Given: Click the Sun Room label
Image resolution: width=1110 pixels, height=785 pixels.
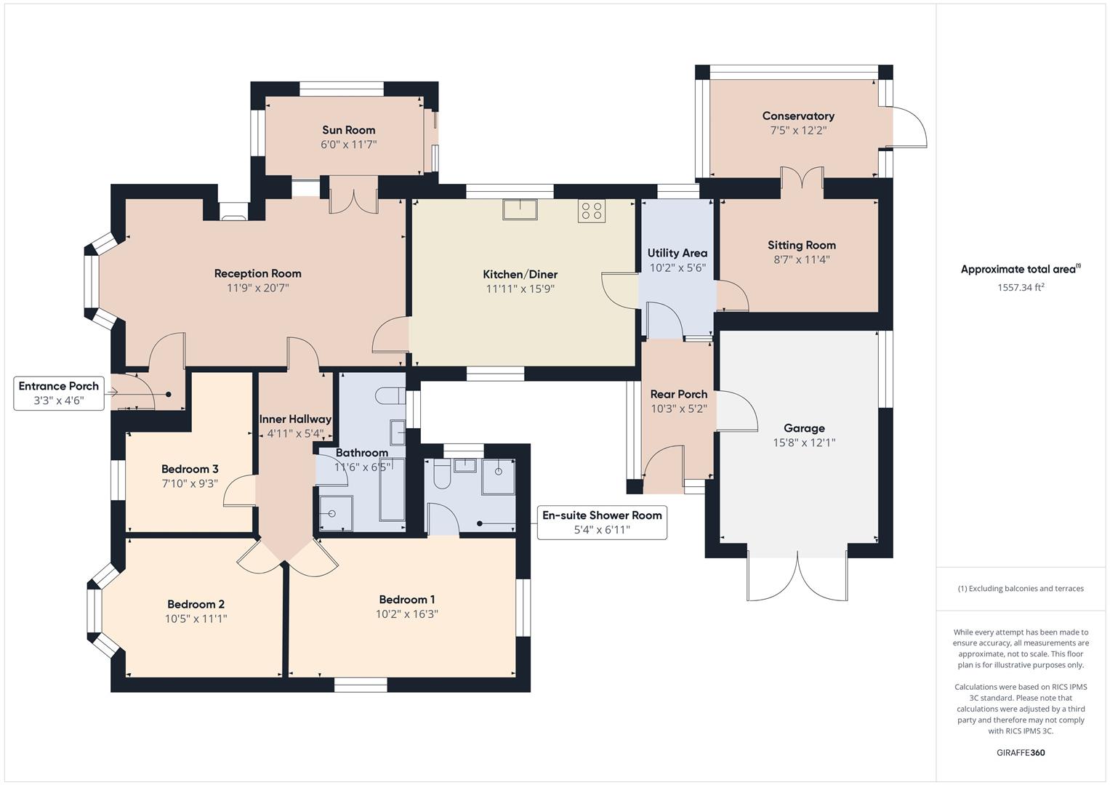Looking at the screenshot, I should point(349,130).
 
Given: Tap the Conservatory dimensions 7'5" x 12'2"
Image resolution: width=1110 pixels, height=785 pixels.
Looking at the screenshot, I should point(798,131).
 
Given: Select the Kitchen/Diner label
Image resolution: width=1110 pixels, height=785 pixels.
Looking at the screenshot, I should point(520,274).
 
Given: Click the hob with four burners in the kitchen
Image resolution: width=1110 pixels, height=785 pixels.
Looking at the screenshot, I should point(592,211).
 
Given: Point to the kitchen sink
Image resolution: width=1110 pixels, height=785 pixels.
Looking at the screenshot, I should point(519,209).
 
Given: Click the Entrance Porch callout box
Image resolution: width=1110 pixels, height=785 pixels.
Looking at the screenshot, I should point(59,393).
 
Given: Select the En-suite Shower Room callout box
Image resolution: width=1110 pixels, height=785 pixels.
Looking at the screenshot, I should point(601,523).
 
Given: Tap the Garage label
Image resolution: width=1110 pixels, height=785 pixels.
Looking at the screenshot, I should point(804,428).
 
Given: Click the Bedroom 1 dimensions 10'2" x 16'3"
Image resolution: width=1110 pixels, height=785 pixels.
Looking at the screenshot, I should point(406,614).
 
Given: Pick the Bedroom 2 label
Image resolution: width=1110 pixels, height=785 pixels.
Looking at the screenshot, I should point(196,604).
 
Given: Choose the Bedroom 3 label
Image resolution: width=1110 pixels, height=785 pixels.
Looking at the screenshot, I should point(190,469).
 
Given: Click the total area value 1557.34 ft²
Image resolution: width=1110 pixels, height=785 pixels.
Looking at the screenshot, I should point(1021,287).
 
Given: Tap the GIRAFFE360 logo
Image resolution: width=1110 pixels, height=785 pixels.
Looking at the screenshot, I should point(1020,752).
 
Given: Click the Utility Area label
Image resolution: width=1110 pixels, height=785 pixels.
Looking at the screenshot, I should point(677,253).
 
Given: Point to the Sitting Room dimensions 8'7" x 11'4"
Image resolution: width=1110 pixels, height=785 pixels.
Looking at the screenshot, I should point(802,259).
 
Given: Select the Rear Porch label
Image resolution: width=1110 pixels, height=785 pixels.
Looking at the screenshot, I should point(678,394).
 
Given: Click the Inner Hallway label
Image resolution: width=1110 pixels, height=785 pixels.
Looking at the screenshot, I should point(295,419).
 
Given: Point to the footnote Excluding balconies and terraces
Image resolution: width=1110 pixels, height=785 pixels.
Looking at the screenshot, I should point(1021,589).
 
